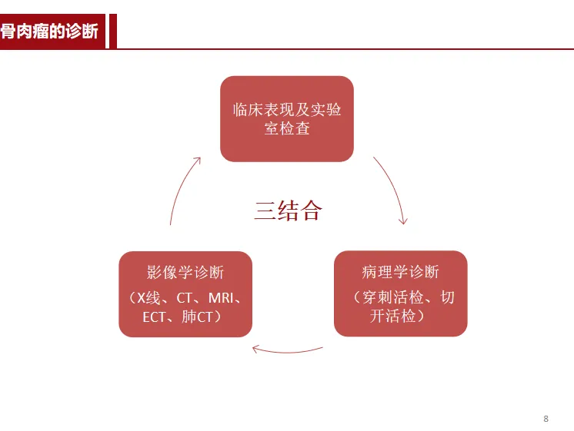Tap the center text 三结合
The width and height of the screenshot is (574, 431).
tap(288, 211)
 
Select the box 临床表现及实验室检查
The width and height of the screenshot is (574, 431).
tap(287, 119)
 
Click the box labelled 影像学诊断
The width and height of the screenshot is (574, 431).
tap(185, 294)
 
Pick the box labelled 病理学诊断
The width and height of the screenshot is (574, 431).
tap(400, 294)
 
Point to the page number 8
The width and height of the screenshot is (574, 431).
tap(546, 419)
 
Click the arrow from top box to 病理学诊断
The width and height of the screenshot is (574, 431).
tap(392, 189)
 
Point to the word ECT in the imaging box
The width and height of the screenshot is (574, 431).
tap(154, 317)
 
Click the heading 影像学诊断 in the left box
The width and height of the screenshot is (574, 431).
tap(185, 273)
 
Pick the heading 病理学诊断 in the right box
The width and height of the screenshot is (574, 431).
tap(400, 273)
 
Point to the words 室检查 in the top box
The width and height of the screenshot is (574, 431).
tap(287, 129)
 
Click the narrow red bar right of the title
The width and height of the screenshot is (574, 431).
tap(112, 31)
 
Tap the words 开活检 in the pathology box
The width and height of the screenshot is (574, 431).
tap(392, 317)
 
